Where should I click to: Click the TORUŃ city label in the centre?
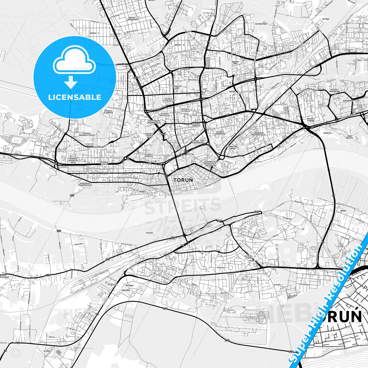183,180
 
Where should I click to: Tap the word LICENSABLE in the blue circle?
75,97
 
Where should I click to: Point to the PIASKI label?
150,233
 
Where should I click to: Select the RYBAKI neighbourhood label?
143,192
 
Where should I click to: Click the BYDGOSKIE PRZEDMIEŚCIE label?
85,184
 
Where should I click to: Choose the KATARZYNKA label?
261,24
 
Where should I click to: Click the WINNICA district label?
327,133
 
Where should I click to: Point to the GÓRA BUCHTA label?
349,137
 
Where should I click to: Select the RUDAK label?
343,211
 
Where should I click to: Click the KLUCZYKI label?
113,284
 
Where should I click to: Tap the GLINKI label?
47,351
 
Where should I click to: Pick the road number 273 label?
48,275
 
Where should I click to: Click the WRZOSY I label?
94,33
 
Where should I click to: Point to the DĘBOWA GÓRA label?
235,63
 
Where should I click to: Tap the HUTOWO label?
325,19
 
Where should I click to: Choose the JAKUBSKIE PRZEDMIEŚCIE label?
259,134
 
